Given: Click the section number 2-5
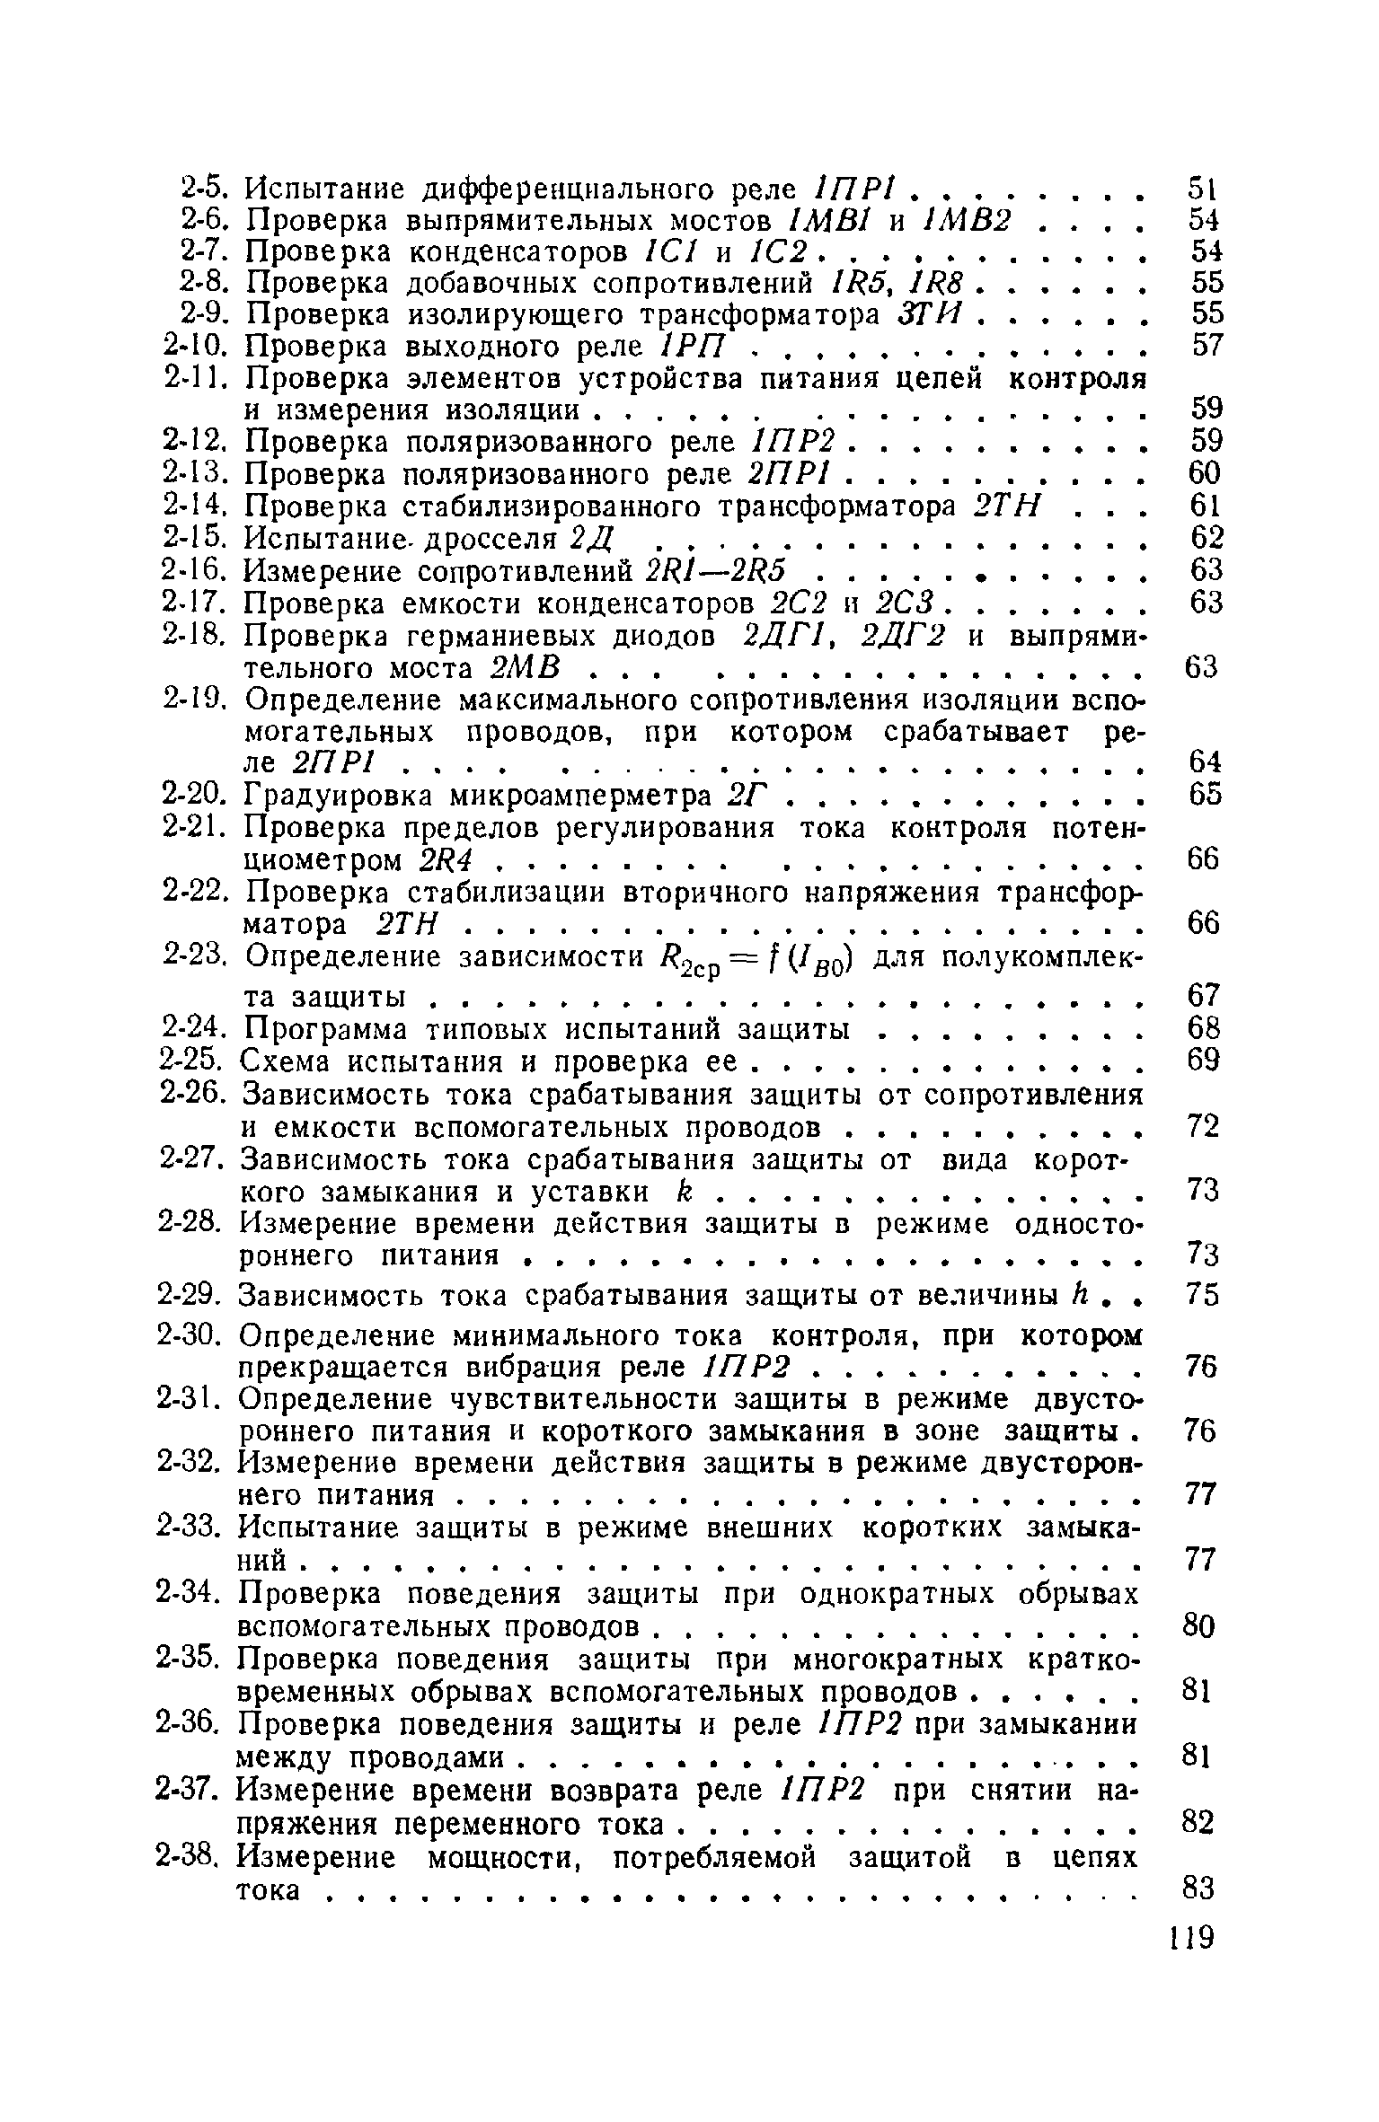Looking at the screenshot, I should [207, 189].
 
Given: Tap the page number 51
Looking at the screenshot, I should [1202, 189].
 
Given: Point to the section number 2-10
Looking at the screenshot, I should [199, 347].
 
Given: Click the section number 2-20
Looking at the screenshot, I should [198, 795].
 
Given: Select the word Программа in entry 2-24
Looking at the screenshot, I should [325, 1029].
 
